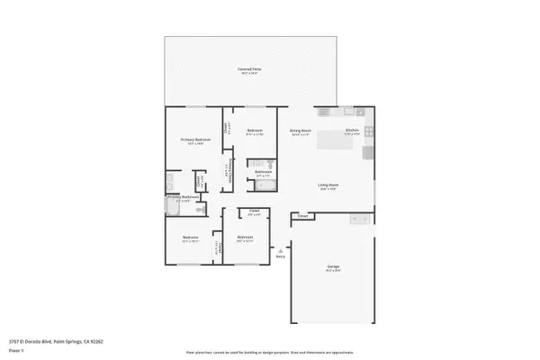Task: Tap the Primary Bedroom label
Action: [x=195, y=139]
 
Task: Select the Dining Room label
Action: [x=300, y=131]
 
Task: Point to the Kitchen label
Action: [x=353, y=131]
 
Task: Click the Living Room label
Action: [x=328, y=186]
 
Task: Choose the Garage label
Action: [x=332, y=268]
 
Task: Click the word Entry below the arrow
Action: [x=281, y=256]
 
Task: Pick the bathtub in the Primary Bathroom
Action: [x=173, y=207]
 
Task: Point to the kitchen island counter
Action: [x=367, y=144]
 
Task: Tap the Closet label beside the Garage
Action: [x=303, y=216]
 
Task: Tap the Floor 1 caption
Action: [x=16, y=349]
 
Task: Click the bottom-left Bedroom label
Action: [x=190, y=239]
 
